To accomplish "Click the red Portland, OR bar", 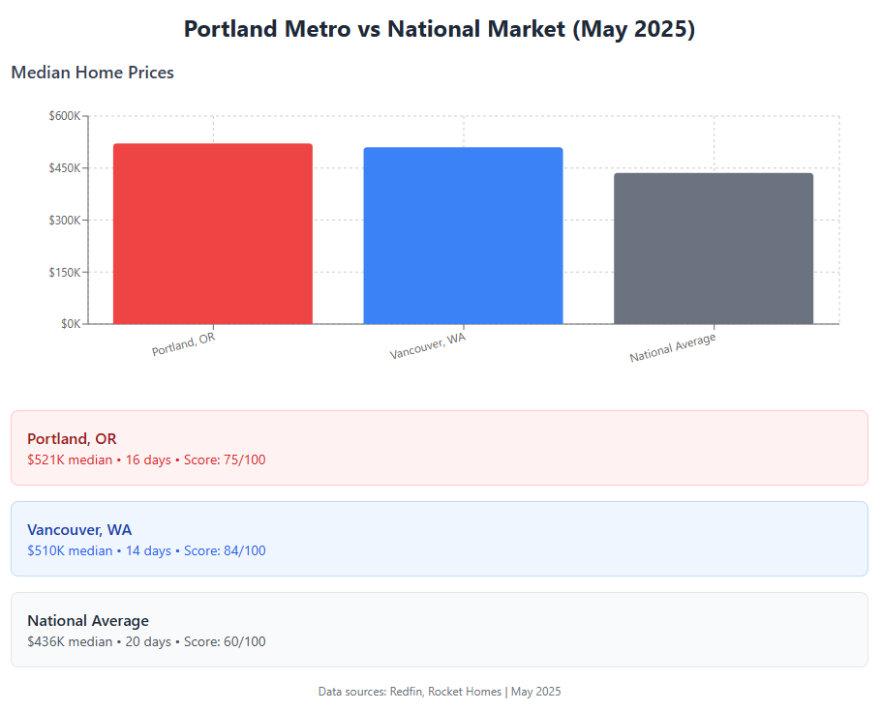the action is point(213,234).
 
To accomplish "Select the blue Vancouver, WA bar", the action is point(463,235).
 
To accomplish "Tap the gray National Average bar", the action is point(714,249).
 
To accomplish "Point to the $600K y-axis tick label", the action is point(65,116).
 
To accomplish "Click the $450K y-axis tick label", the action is point(65,168).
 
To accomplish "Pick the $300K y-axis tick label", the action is point(65,221).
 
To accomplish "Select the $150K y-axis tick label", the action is point(65,273).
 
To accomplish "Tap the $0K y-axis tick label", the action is point(71,324).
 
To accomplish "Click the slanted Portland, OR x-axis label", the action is point(183,344).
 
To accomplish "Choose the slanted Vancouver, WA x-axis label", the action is point(428,345).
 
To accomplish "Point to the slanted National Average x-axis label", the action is point(673,347).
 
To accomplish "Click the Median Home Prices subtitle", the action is point(92,73).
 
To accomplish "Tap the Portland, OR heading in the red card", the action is point(72,438).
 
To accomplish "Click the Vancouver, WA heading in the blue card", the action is point(79,529).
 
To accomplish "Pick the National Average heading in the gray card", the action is point(88,620).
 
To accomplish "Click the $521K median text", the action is point(70,459).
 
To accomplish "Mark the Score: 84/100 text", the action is point(225,550).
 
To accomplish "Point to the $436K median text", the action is point(70,642).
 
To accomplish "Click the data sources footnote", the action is point(440,692).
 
